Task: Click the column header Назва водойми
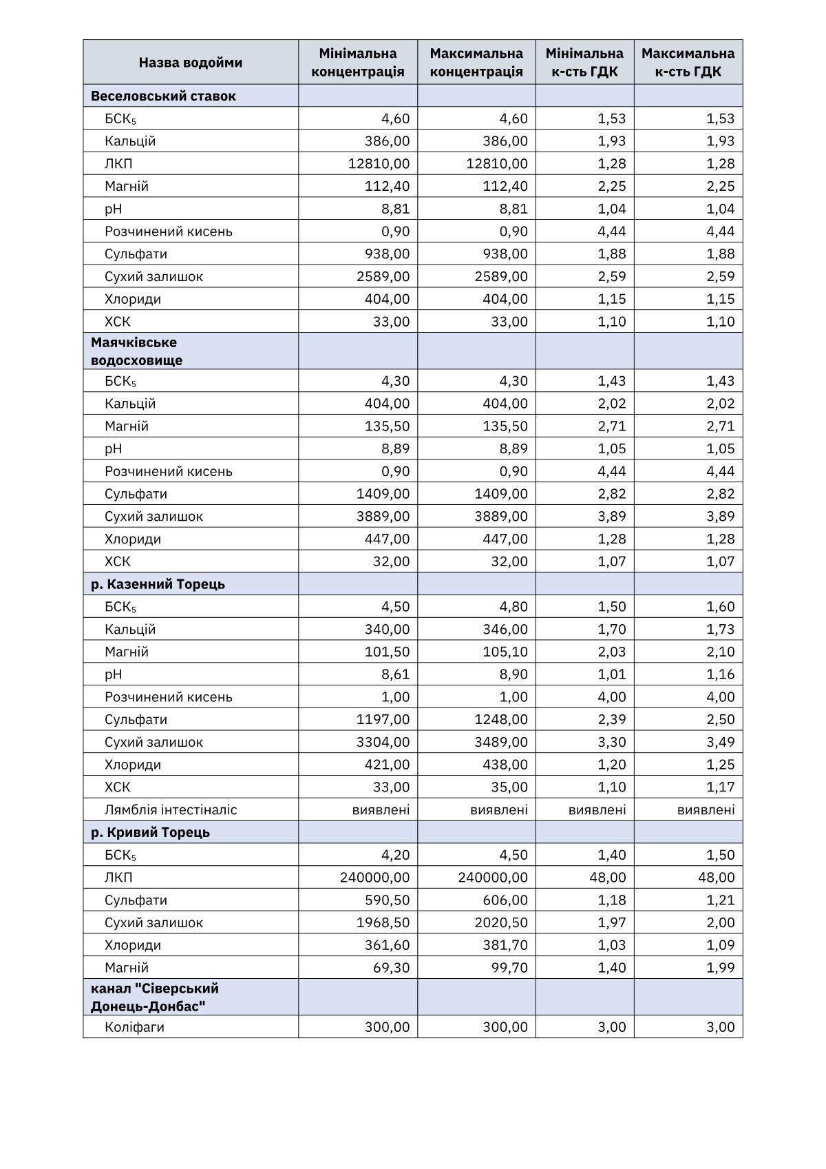(191, 63)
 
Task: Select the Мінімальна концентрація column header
(358, 63)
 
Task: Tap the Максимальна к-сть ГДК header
(688, 63)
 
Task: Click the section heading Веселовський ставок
(163, 96)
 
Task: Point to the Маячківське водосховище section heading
(136, 351)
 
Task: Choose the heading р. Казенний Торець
(158, 584)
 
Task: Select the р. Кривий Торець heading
(150, 832)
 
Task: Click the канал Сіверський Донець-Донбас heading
(155, 997)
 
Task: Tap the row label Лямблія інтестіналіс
(171, 810)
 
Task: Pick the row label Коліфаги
(134, 1027)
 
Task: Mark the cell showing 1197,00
(383, 720)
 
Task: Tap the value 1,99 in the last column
(720, 968)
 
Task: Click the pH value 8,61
(395, 674)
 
